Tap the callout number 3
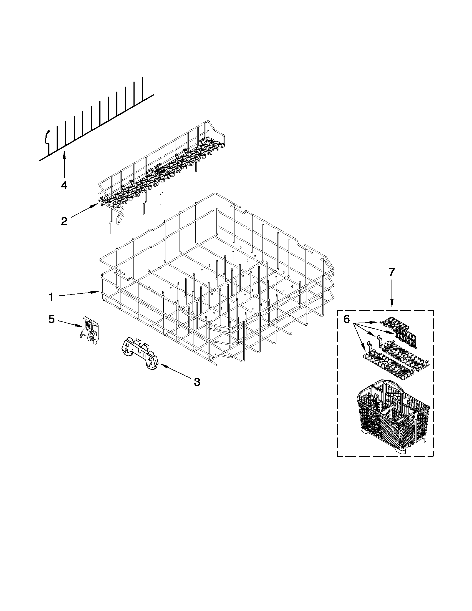pyautogui.click(x=197, y=382)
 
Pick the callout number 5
pyautogui.click(x=51, y=319)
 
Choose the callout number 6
pyautogui.click(x=347, y=319)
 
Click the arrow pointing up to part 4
pyautogui.click(x=64, y=164)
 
